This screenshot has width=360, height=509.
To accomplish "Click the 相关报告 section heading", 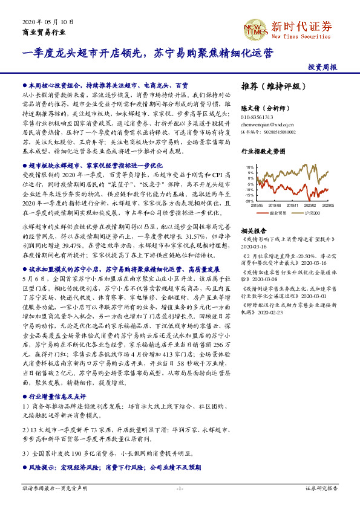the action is click(254, 232).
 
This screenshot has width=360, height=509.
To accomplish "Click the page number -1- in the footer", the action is click(180, 487).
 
